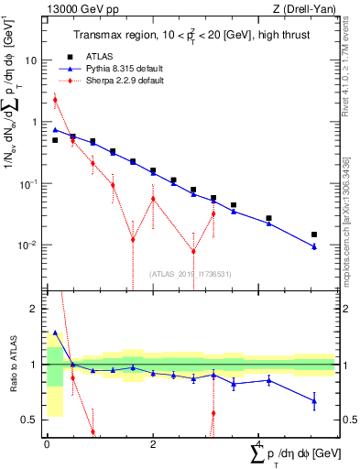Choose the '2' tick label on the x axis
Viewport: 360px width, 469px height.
pyautogui.click(x=153, y=444)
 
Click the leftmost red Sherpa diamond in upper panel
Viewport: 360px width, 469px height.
pyautogui.click(x=55, y=100)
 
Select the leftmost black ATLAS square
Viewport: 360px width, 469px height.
pyautogui.click(x=55, y=140)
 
